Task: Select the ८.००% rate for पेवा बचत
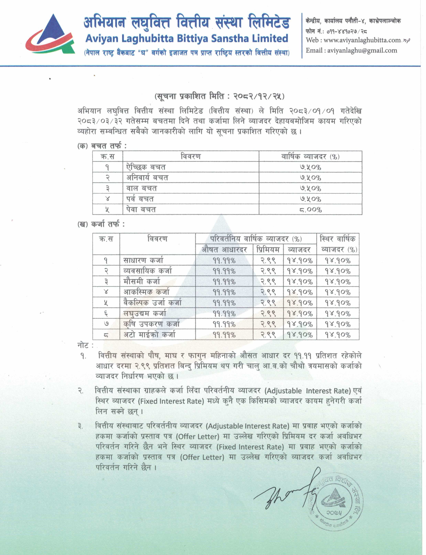(x=310, y=210)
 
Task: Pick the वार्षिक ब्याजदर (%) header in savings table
(x=310, y=156)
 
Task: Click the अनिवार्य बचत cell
(x=147, y=178)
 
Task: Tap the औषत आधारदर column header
(x=224, y=250)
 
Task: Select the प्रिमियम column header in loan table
(x=268, y=250)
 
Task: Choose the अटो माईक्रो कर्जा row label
(x=149, y=335)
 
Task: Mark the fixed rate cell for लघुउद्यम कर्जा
(x=338, y=314)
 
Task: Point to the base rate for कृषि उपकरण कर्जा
(x=224, y=324)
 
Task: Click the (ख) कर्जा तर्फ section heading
(x=101, y=224)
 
